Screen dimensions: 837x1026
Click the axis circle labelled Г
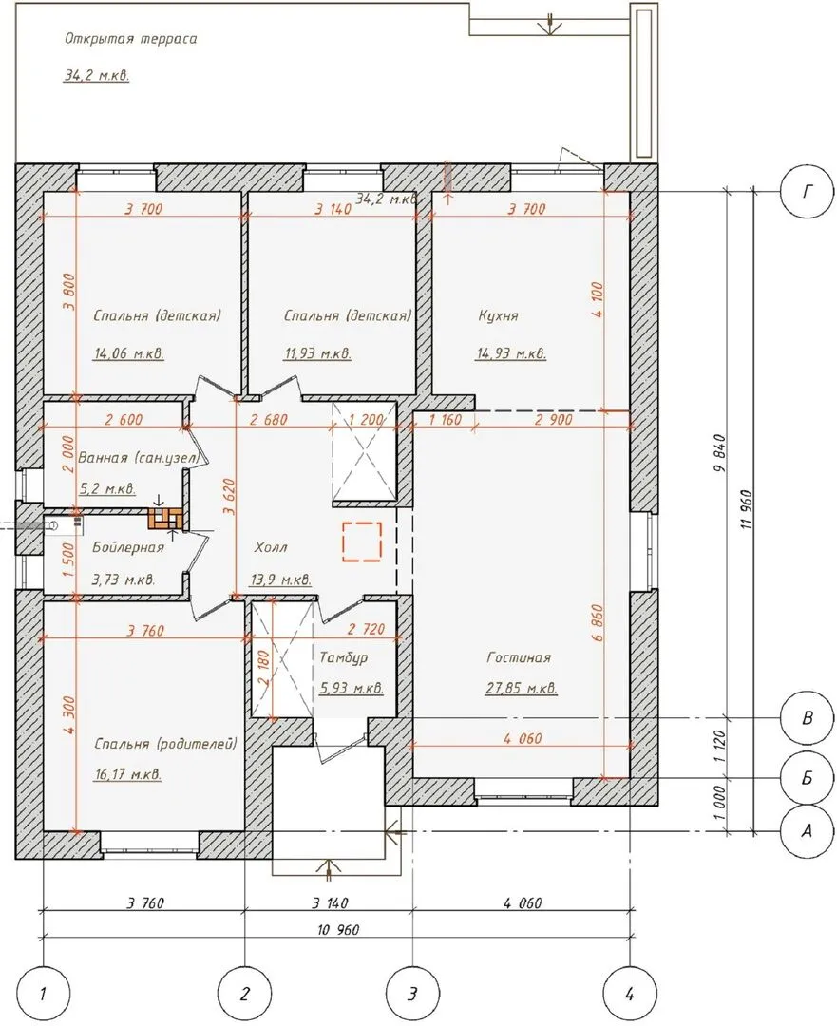pos(807,191)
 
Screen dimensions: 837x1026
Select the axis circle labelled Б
pos(807,778)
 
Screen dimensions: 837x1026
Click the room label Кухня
pos(499,316)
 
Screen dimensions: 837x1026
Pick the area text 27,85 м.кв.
pos(521,689)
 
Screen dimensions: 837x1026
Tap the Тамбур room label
pos(344,657)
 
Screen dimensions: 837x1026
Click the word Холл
pos(270,547)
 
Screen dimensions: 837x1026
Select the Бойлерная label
pos(128,547)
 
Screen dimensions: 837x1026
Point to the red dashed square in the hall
pos(362,541)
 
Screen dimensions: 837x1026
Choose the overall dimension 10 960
pos(337,929)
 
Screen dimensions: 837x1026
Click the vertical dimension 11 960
pos(748,508)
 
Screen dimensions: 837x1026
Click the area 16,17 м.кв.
pos(128,775)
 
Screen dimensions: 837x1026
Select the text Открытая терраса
pos(131,39)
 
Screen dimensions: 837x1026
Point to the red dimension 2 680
pos(268,420)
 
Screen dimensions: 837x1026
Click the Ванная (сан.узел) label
pos(139,458)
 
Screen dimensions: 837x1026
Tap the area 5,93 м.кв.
pos(352,689)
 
